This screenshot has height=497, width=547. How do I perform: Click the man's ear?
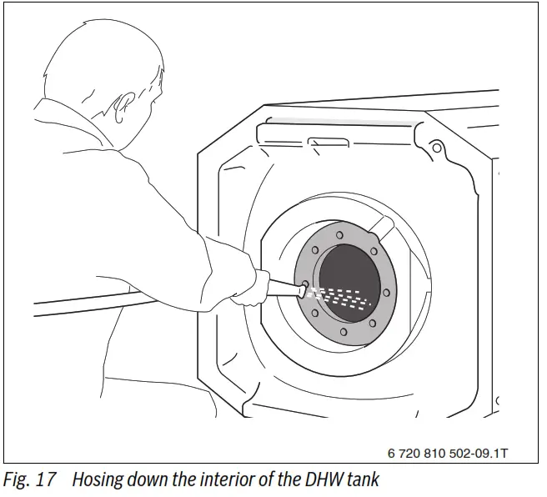coord(124,107)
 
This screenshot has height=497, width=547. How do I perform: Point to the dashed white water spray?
coord(342,298)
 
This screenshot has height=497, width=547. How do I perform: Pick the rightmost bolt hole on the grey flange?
coord(389,292)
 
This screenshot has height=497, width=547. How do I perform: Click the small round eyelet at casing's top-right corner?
coord(434,149)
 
